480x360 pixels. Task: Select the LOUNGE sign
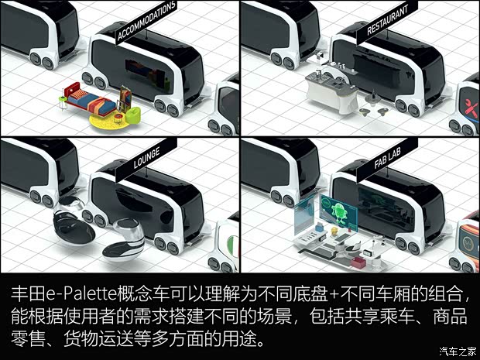tap(148, 158)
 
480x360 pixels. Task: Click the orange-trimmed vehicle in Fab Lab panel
tap(466, 236)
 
